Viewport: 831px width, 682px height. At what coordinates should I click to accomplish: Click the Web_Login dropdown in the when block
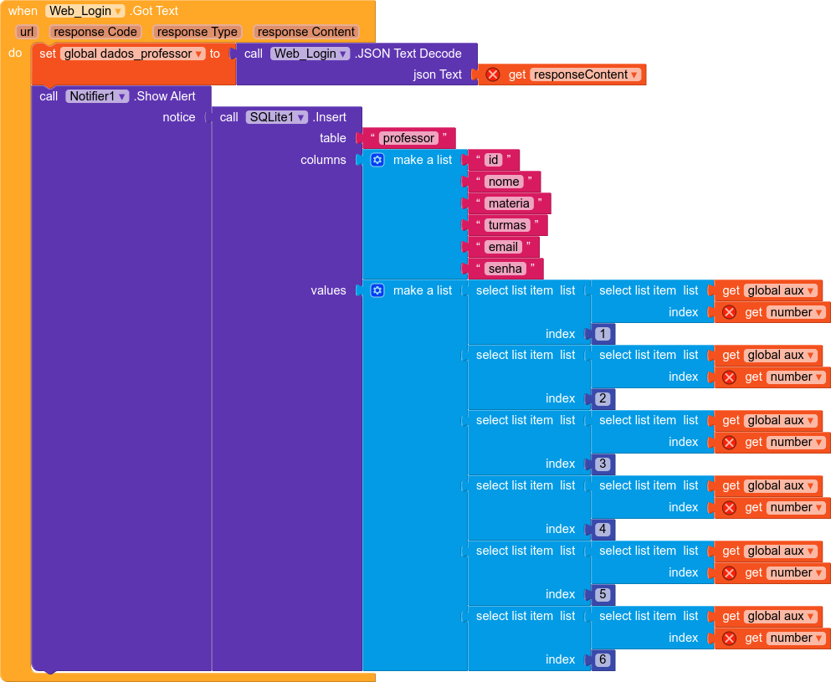pyautogui.click(x=85, y=11)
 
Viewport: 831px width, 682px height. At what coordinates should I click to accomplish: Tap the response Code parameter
pyautogui.click(x=95, y=32)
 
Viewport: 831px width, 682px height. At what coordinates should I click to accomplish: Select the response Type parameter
pyautogui.click(x=197, y=32)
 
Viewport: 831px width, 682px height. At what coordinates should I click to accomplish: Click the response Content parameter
pyautogui.click(x=306, y=32)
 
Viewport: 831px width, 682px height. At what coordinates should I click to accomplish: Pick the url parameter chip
pyautogui.click(x=27, y=32)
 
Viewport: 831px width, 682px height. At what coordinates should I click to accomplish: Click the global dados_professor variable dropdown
pyautogui.click(x=133, y=54)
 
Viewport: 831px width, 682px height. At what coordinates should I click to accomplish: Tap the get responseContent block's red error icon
pyautogui.click(x=493, y=74)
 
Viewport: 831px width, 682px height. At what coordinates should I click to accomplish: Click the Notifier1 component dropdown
pyautogui.click(x=98, y=96)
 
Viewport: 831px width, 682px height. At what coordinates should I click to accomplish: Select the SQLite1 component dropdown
pyautogui.click(x=277, y=117)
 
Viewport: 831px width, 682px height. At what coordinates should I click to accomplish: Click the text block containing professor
pyautogui.click(x=408, y=138)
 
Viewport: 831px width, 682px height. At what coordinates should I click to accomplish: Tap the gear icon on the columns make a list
pyautogui.click(x=377, y=160)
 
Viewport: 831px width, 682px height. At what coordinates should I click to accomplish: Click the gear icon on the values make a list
pyautogui.click(x=377, y=290)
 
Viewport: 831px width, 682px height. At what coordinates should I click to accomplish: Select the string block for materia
pyautogui.click(x=509, y=203)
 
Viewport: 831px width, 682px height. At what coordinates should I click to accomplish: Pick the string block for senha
pyautogui.click(x=505, y=269)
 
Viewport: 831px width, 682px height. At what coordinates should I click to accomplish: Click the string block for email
pyautogui.click(x=504, y=247)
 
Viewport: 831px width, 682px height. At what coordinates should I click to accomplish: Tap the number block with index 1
pyautogui.click(x=603, y=334)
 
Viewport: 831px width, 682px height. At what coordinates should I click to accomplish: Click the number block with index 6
pyautogui.click(x=603, y=659)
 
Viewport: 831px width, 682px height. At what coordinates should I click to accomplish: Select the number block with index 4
pyautogui.click(x=603, y=529)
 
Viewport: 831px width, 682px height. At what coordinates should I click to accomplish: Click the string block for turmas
pyautogui.click(x=507, y=225)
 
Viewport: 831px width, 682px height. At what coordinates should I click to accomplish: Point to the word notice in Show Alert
pyautogui.click(x=179, y=117)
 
